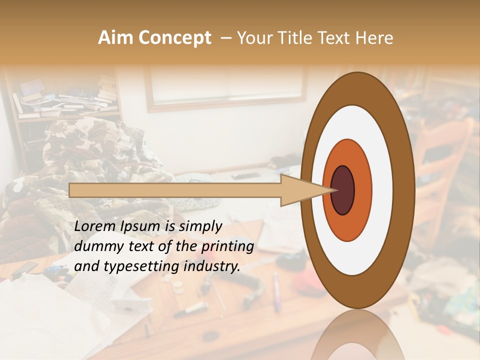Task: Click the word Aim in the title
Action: (x=116, y=38)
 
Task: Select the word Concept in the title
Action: (x=174, y=38)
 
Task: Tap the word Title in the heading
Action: (x=295, y=38)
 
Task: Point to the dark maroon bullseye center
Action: (x=343, y=190)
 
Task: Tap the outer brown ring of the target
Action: (x=403, y=190)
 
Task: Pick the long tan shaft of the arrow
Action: (x=175, y=190)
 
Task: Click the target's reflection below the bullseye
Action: (x=357, y=335)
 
